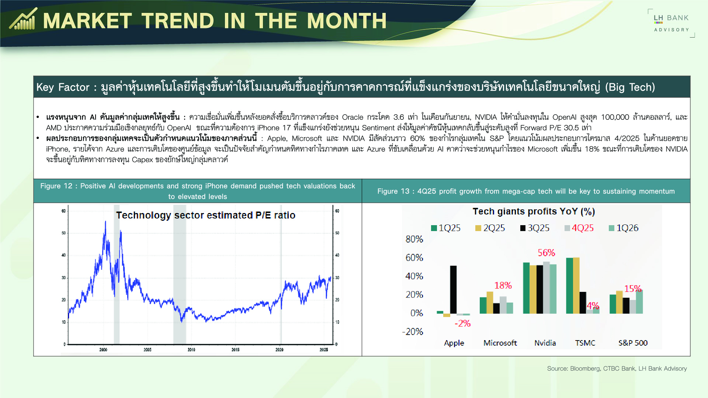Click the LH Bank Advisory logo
pyautogui.click(x=671, y=23)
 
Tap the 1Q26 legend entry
pyautogui.click(x=624, y=228)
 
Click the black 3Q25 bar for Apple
pyautogui.click(x=453, y=289)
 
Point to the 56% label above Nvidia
pyautogui.click(x=546, y=253)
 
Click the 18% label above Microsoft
pyautogui.click(x=503, y=285)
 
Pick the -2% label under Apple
pyautogui.click(x=462, y=324)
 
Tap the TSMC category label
pyautogui.click(x=585, y=343)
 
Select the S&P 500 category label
pyautogui.click(x=633, y=343)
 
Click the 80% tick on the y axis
pyautogui.click(x=414, y=239)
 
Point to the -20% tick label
pyautogui.click(x=412, y=332)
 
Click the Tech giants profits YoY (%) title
pyautogui.click(x=534, y=212)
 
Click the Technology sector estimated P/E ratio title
pyautogui.click(x=205, y=215)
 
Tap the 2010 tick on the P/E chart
pyautogui.click(x=191, y=349)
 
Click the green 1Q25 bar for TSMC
pyautogui.click(x=569, y=286)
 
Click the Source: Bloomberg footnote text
pyautogui.click(x=617, y=369)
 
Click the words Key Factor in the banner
pyautogui.click(x=63, y=87)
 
